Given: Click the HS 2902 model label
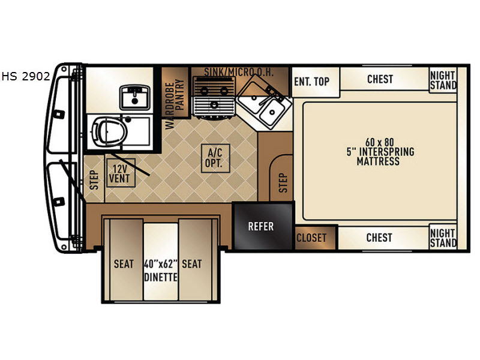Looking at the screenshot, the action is coord(26,76).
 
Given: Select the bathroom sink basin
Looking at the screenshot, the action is coord(134,97).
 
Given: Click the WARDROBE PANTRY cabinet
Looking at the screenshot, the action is coord(175,92).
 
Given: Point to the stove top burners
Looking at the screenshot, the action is coord(214,97).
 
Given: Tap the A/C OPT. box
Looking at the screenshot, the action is coord(215,158).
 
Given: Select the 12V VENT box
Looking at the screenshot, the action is coord(121,173).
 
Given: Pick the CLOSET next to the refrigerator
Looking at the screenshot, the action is coord(316,238).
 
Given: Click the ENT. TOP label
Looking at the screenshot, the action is coord(311,82).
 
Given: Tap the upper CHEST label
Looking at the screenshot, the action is coord(380,79).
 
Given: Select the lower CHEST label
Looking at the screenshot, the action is coord(379,238).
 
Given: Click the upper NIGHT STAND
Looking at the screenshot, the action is coord(443,80).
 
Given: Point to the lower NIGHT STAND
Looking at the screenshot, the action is coord(443,238).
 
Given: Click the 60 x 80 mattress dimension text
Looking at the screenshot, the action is coord(379,142).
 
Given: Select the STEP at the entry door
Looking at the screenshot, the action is coord(94,179).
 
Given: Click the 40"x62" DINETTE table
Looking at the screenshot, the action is coord(161,262).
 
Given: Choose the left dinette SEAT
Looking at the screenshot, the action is coord(124,260).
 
